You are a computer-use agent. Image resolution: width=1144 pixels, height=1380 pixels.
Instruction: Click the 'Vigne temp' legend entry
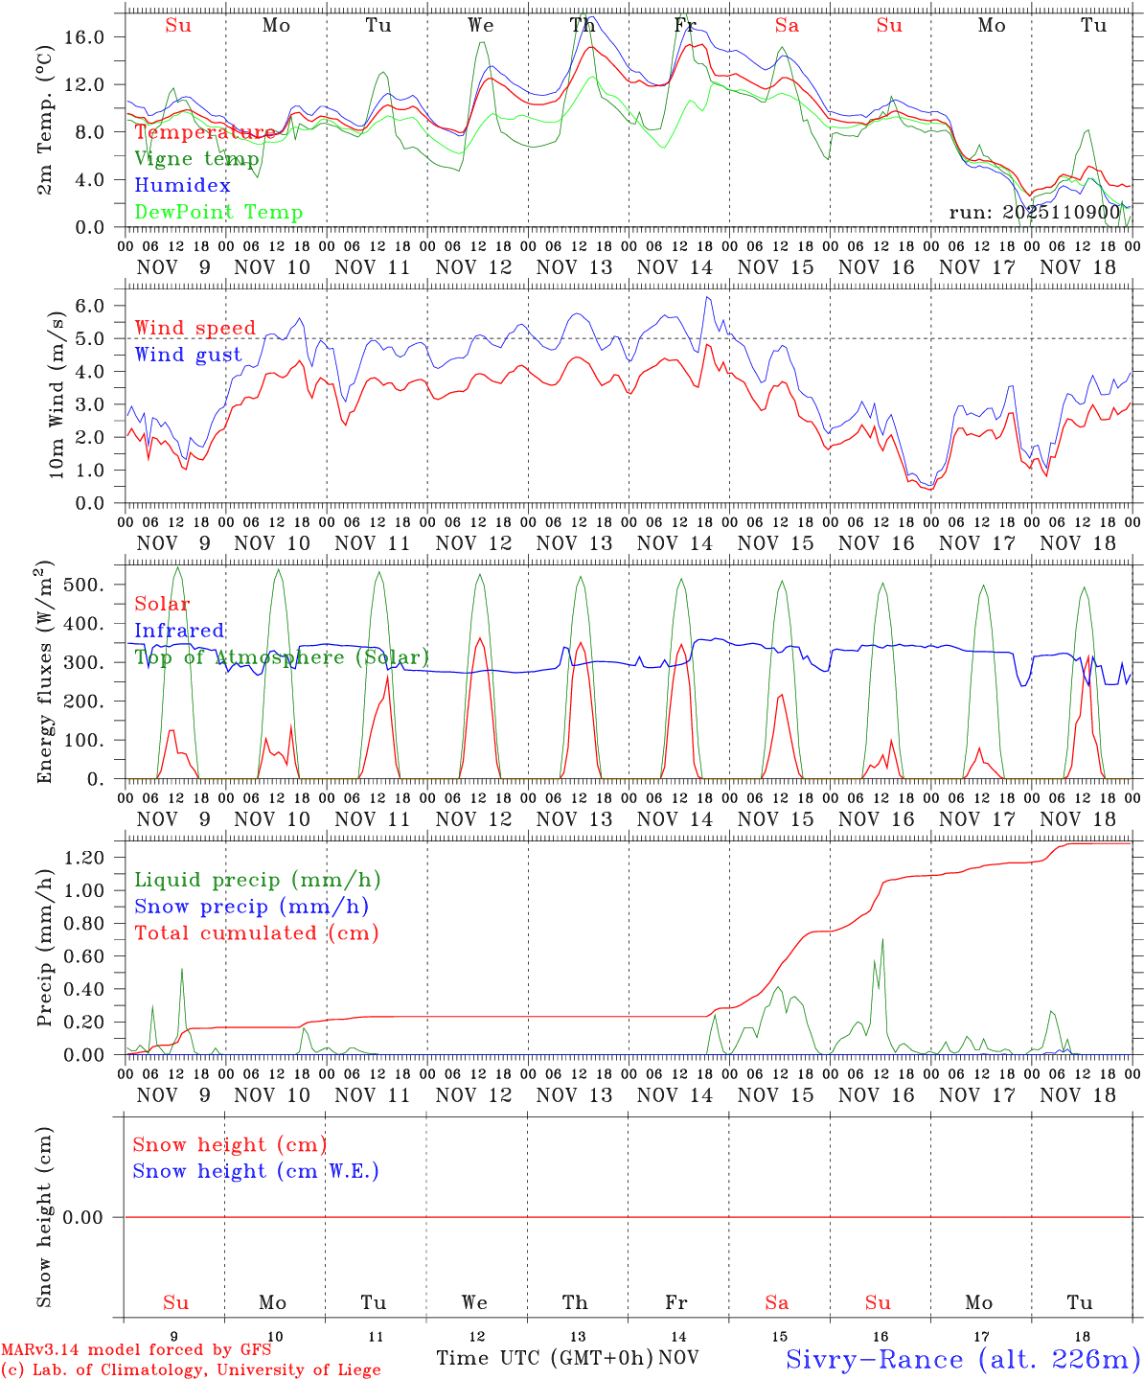(196, 159)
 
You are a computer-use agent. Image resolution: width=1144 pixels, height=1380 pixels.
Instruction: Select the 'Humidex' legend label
(182, 186)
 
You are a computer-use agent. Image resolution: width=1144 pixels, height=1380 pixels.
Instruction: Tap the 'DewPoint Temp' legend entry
(218, 213)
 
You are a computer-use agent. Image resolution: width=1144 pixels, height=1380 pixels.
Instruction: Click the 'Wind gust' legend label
(188, 355)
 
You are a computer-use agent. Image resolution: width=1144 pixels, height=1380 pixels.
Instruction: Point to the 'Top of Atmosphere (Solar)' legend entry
(282, 657)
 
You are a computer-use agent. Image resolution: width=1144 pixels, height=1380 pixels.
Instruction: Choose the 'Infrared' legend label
(179, 631)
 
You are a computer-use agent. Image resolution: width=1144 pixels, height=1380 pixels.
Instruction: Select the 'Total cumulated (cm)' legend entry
(256, 933)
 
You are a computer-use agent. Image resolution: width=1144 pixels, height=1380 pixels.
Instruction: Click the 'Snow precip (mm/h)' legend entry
(251, 907)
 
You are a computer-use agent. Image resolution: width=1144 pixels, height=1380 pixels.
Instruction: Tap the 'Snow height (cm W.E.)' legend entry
(256, 1171)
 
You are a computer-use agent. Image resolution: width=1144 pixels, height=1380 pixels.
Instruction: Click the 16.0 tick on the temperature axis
(87, 37)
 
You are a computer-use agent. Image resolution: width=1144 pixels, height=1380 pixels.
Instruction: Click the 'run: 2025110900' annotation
(1034, 213)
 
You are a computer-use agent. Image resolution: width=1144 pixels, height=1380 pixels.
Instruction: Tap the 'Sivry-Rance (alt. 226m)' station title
(963, 1359)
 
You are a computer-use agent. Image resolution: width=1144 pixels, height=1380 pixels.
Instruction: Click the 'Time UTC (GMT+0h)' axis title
(544, 1358)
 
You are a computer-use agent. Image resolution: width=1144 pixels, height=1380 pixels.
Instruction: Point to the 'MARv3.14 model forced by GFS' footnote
(136, 1350)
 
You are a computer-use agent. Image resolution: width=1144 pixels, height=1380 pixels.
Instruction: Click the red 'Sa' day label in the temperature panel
(787, 26)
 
